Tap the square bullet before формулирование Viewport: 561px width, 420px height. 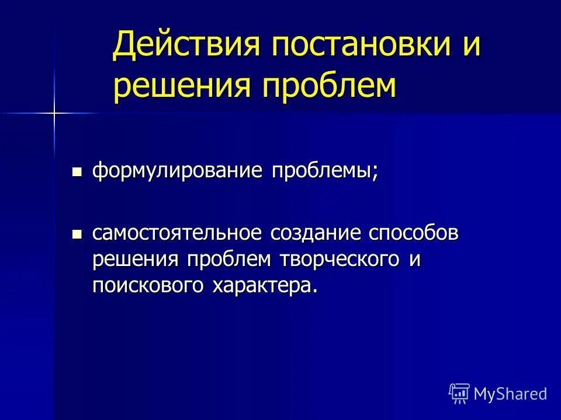76,173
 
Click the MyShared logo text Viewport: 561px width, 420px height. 510,394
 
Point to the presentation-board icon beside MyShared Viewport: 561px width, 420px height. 459,394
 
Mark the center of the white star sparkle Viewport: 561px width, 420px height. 54,112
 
